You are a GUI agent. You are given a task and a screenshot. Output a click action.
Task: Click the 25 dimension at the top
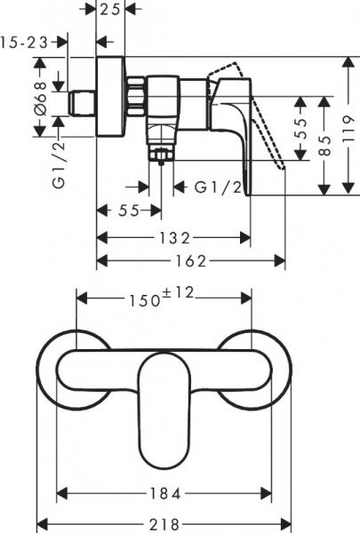point(110,11)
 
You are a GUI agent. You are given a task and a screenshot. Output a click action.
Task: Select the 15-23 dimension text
point(24,42)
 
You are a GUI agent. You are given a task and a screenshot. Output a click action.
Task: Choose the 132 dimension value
point(175,237)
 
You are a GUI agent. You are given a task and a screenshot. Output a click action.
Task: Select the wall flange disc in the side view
point(110,98)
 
